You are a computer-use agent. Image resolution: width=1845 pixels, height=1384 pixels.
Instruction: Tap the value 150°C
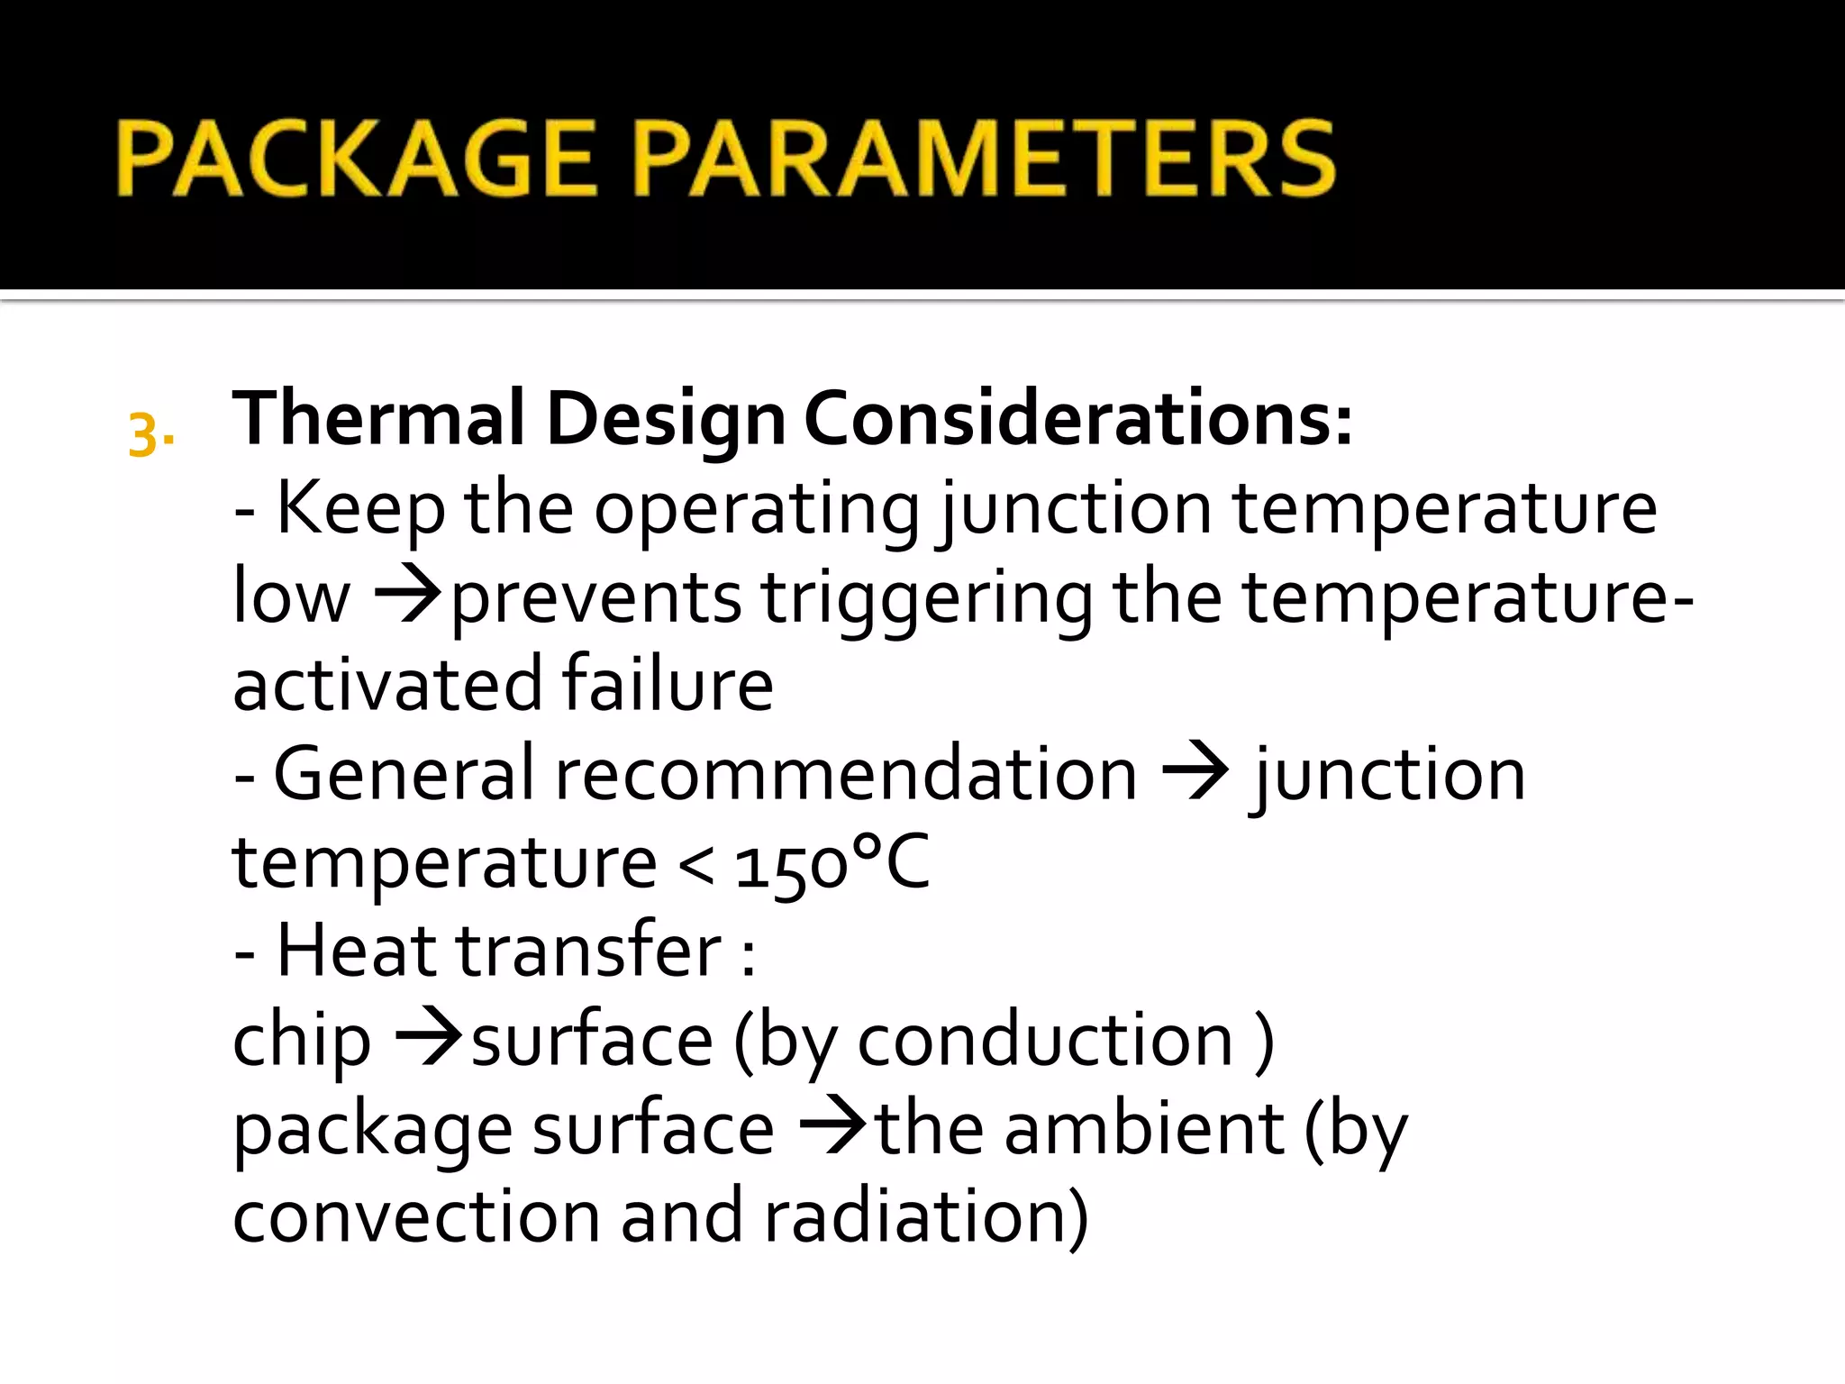[832, 863]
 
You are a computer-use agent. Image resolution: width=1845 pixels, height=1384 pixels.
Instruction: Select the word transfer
[589, 950]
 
